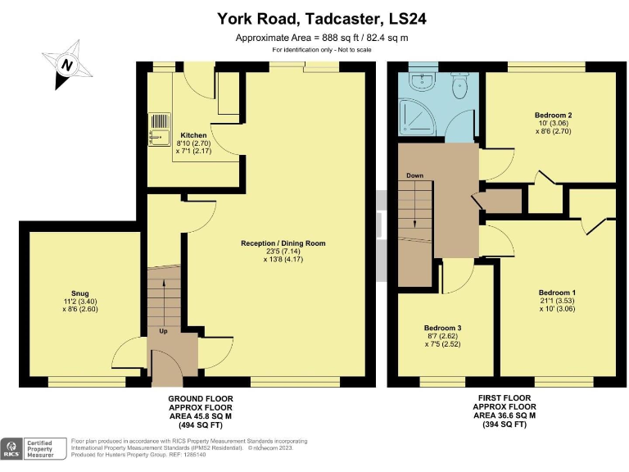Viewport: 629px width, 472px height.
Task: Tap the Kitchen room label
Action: point(194,135)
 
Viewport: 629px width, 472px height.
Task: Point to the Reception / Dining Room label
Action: point(283,243)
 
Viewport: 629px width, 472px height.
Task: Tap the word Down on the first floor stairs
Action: point(415,176)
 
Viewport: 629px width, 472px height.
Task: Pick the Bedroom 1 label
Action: point(557,293)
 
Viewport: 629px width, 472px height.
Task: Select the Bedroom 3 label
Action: point(443,329)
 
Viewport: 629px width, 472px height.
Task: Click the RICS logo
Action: point(12,448)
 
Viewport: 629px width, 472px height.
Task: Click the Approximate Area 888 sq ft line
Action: point(322,38)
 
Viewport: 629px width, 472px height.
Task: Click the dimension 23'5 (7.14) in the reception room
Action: point(283,252)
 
